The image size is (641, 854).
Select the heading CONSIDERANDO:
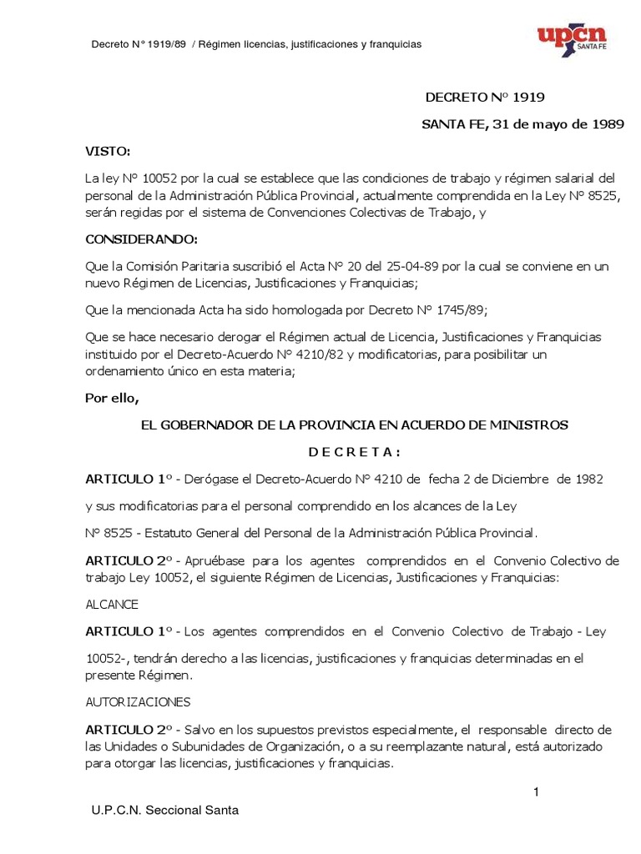click(142, 239)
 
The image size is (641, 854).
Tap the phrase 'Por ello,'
click(111, 397)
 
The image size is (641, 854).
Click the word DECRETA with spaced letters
click(355, 452)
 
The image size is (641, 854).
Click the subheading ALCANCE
click(112, 603)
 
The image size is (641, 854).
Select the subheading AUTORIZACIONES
click(138, 701)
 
